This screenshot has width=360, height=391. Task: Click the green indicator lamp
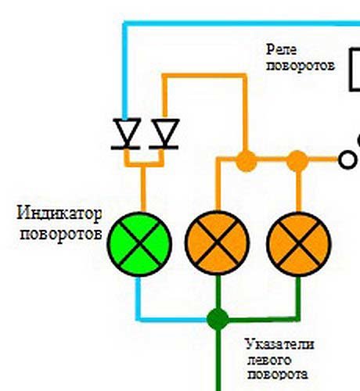pos(139,244)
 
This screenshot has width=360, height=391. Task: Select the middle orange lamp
pos(217,242)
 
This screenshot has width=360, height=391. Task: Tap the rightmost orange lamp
pos(299,244)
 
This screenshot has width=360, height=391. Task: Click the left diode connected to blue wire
pos(126,134)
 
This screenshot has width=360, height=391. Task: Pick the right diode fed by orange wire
pos(164,135)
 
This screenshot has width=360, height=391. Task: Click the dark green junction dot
pos(218,319)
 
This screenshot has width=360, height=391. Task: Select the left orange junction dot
pos(246,161)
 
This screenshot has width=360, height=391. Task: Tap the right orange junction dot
pos(297,161)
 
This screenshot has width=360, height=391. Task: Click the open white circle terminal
pos(347,160)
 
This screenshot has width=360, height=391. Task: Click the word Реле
pos(281,49)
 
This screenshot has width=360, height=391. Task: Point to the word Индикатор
pos(59,213)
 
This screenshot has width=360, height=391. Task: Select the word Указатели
pos(279,344)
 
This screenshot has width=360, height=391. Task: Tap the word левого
pos(268,361)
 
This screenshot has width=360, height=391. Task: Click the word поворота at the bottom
pos(278,375)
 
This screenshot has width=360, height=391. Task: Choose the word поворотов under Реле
pos(301,66)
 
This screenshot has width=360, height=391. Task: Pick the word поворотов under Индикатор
pos(61,235)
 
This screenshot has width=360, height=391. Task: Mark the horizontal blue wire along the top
pos(241,23)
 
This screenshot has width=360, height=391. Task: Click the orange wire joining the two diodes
pos(144,164)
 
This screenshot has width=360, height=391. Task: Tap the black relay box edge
pos(351,70)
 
